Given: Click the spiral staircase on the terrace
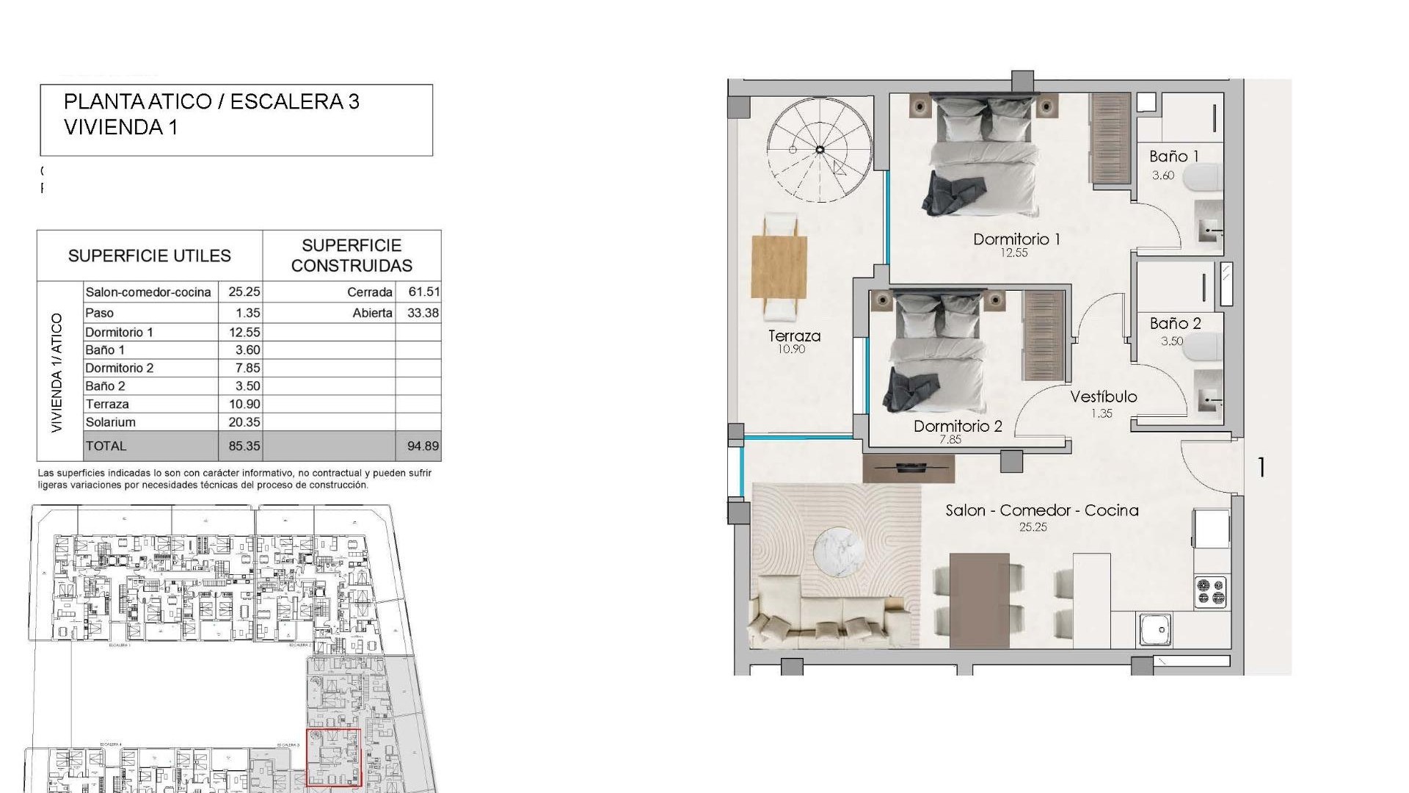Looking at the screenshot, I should pos(820,150).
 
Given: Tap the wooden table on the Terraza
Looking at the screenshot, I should pos(779,267).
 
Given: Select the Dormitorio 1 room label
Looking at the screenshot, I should pos(1016,239).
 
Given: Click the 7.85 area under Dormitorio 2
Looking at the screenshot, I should pos(950,440).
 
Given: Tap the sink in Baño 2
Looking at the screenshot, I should pos(1208,399).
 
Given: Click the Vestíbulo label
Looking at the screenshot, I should pos(1103,396).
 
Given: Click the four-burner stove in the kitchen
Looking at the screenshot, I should pos(1211,591).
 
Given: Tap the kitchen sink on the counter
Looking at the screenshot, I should pos(1156,630).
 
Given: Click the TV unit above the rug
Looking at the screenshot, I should pos(909,468).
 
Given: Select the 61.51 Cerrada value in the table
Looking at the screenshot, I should pos(423,292).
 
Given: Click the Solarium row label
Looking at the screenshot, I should pos(110,422).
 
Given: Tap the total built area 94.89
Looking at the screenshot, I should pos(423,446).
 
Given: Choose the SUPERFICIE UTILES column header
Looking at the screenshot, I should pos(150,256).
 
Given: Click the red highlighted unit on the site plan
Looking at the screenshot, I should pos(333,757).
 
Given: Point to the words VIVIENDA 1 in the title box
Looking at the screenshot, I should pos(120,127).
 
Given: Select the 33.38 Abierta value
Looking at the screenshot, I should pos(423,313).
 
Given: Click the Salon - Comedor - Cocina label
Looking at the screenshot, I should pos(1041,510).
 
